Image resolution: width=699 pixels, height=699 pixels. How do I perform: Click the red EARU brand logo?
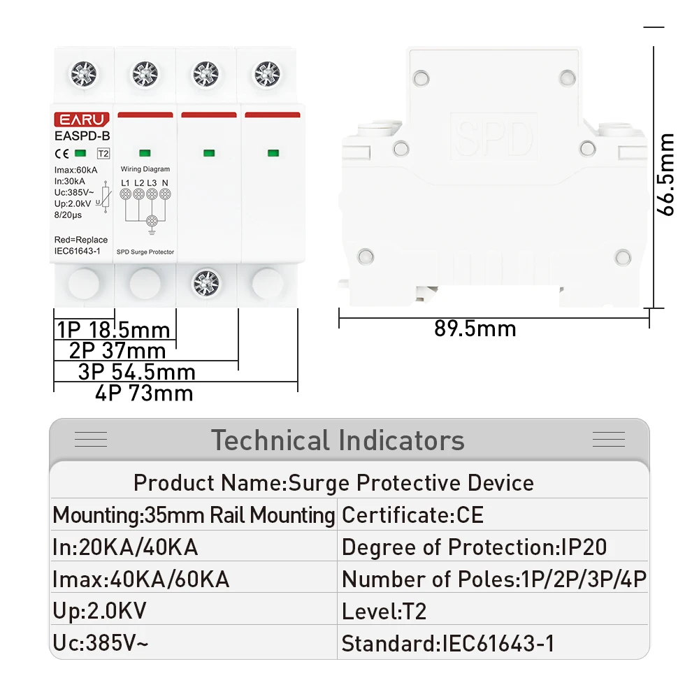(x=82, y=120)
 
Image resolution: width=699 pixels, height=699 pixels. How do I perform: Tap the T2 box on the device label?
(x=103, y=154)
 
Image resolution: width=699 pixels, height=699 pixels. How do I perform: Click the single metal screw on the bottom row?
(x=206, y=283)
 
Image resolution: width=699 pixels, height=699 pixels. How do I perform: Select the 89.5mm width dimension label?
(x=475, y=329)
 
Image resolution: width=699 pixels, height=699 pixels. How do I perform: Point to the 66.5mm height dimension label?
(x=666, y=174)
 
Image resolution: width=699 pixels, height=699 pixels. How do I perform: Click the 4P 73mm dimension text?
(x=144, y=393)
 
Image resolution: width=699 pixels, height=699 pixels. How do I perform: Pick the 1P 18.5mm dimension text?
(x=114, y=330)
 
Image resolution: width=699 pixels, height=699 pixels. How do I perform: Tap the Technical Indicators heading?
(x=338, y=440)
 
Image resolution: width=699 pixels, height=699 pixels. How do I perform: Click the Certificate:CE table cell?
(x=412, y=515)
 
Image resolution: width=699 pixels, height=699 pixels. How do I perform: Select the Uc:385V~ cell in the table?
(x=100, y=643)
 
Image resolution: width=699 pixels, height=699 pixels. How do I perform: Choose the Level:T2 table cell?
(x=384, y=611)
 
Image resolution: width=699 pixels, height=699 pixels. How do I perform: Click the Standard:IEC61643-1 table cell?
(x=448, y=643)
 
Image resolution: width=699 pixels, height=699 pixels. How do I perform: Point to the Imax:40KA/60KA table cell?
(x=141, y=579)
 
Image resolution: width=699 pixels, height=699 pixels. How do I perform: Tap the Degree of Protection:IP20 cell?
(x=475, y=547)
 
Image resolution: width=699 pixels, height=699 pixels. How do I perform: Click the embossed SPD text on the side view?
(x=494, y=137)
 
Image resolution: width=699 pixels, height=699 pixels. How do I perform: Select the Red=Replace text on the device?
(x=81, y=240)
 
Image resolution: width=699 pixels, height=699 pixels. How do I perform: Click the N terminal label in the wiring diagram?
(x=166, y=182)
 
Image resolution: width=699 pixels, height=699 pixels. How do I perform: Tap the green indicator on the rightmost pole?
(x=273, y=153)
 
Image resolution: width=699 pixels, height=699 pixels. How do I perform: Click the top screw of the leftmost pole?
(x=84, y=74)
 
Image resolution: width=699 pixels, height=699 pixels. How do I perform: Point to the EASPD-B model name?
(x=82, y=136)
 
